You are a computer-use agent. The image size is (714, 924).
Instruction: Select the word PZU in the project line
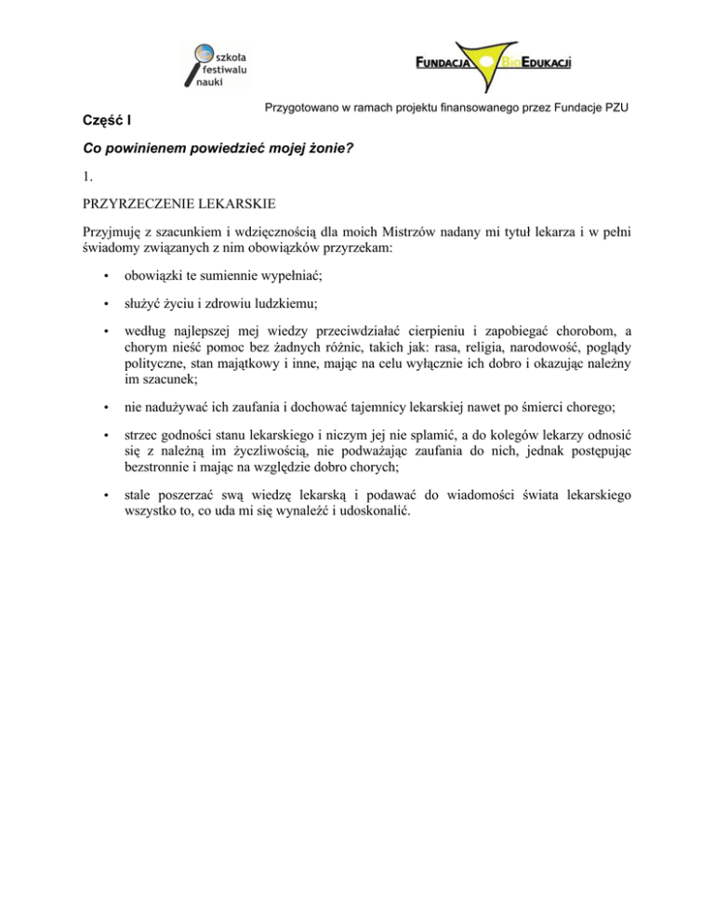(x=615, y=108)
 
